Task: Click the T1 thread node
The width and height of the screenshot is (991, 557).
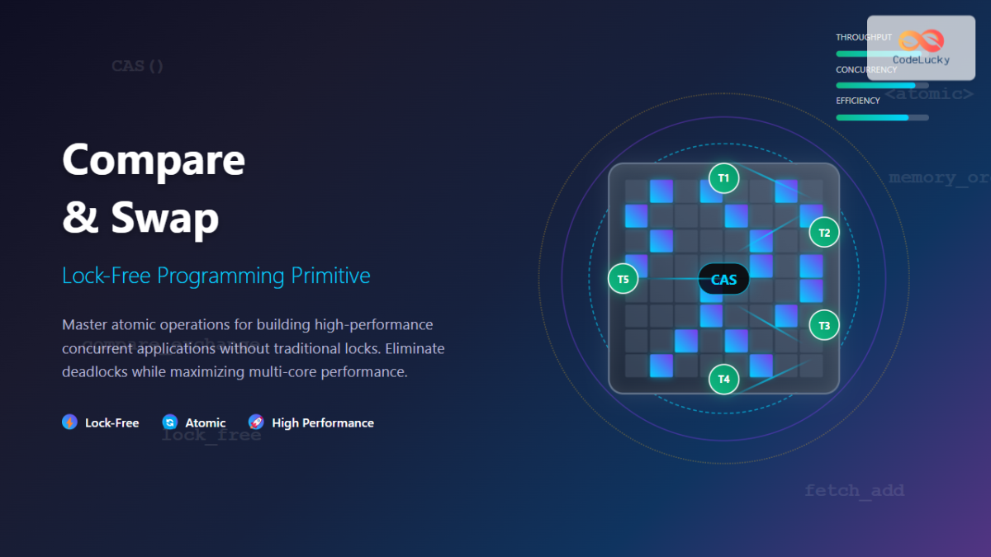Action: [x=723, y=178]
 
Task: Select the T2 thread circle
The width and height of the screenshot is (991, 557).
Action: [x=823, y=233]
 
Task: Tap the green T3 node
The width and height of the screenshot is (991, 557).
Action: [x=823, y=326]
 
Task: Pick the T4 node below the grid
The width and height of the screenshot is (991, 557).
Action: [x=723, y=379]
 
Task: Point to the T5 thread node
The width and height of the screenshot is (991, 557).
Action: [x=623, y=279]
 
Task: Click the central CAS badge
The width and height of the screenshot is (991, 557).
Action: [x=723, y=280]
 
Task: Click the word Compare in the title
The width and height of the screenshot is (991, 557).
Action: [x=154, y=160]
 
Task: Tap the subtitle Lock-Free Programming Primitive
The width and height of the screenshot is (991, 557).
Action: [x=216, y=276]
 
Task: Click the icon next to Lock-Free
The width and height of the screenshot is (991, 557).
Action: [x=69, y=422]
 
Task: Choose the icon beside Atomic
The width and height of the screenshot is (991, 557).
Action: [x=170, y=422]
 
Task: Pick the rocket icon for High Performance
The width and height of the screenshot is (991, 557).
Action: [x=256, y=422]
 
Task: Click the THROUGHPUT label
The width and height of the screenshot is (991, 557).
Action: [x=863, y=37]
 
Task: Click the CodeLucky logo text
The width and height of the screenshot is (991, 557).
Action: [x=921, y=59]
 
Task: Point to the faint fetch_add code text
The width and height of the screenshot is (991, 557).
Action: [x=854, y=491]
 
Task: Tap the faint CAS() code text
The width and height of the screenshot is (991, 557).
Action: [x=138, y=66]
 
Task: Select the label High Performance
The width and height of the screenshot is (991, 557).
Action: [x=322, y=422]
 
